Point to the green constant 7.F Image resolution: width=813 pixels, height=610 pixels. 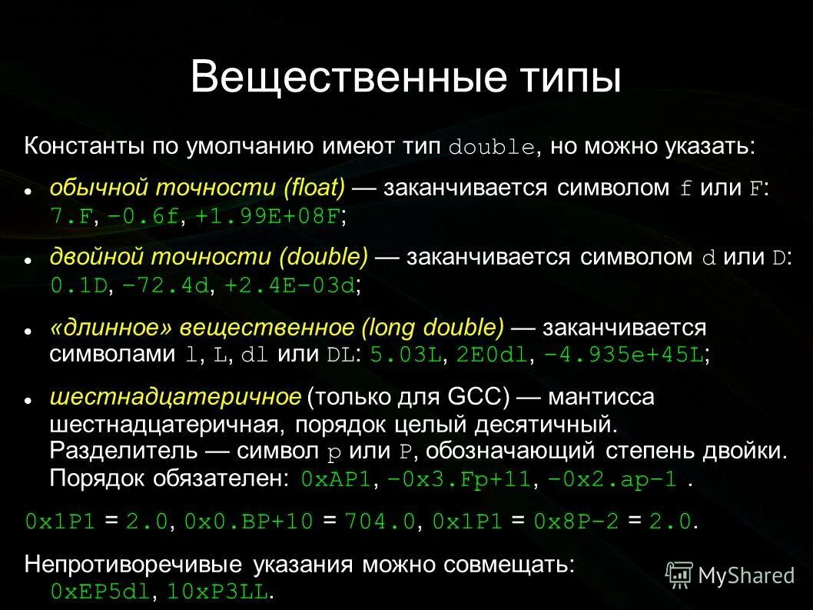coord(71,217)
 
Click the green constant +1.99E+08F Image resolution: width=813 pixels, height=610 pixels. coord(267,217)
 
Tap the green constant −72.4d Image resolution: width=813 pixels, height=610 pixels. coord(165,285)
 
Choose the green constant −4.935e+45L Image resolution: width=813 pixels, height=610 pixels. coord(623,355)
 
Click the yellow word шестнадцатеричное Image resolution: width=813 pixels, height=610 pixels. coord(175,398)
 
